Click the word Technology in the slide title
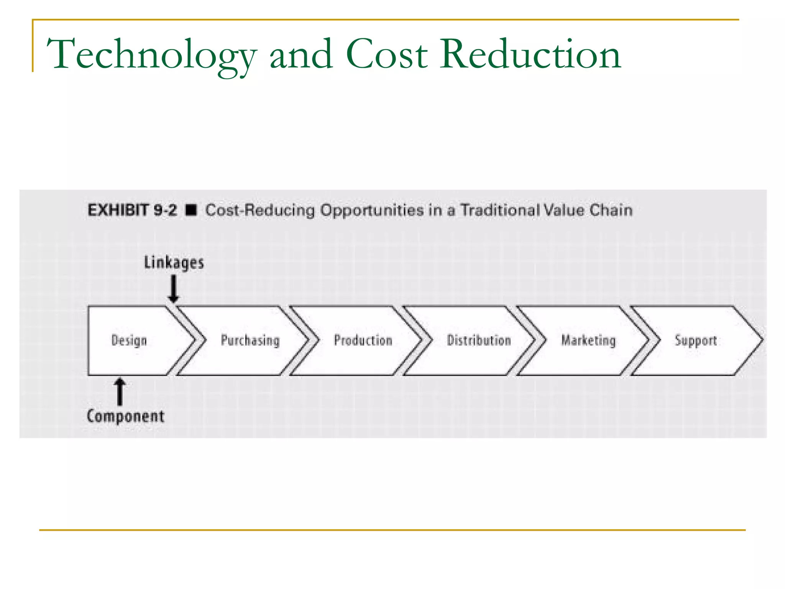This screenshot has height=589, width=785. (151, 54)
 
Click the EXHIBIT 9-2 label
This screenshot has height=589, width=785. (132, 211)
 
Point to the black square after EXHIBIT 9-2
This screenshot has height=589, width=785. (191, 210)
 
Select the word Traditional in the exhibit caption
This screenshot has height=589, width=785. (499, 210)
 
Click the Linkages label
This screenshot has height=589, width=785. (174, 263)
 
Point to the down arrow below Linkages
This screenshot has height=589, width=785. (174, 290)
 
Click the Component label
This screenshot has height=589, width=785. (126, 416)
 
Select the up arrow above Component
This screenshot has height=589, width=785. (120, 392)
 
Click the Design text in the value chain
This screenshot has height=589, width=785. (129, 341)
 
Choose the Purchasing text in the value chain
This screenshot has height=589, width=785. (250, 341)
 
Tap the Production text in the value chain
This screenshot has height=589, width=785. (363, 340)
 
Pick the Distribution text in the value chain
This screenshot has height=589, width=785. (479, 340)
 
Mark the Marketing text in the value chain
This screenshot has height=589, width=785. (588, 340)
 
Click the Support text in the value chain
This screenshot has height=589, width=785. (696, 341)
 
